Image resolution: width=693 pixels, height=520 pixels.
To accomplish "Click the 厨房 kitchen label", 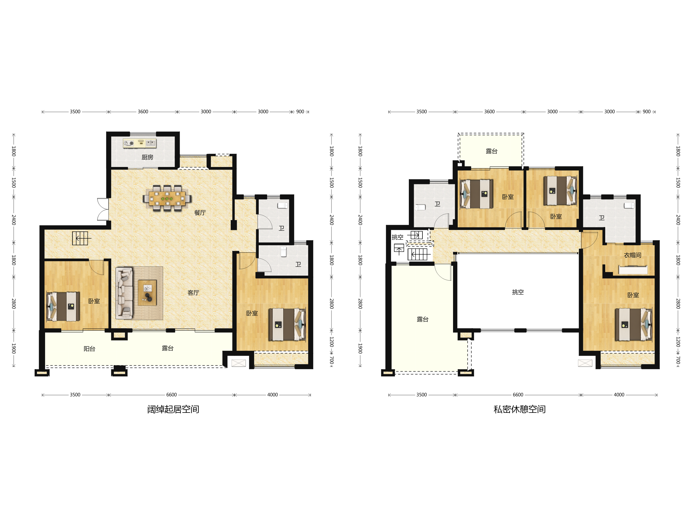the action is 147,157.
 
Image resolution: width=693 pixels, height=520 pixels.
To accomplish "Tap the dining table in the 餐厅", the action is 167,198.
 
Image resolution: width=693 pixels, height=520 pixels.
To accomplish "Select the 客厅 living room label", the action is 193,293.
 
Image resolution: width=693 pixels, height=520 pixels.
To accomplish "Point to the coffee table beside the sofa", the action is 147,293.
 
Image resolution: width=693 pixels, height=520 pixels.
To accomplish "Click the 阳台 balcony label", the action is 89,349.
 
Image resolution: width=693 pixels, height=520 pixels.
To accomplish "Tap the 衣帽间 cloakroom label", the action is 632,255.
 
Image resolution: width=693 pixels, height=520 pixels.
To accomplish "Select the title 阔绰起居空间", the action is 173,409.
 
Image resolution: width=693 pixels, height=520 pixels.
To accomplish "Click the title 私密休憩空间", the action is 519,409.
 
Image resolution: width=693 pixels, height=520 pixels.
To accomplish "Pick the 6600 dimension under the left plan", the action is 171,395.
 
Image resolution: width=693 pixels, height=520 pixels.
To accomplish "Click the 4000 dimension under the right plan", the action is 619,395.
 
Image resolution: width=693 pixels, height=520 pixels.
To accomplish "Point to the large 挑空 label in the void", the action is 518,292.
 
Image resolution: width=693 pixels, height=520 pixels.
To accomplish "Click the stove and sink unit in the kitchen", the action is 139,143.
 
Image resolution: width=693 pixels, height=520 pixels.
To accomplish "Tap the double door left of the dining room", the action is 103,209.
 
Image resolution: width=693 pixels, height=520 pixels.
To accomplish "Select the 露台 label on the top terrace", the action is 491,151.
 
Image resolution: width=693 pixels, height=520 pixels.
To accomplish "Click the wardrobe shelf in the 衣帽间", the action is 633,270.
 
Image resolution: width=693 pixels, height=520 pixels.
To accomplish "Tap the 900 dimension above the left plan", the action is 300,112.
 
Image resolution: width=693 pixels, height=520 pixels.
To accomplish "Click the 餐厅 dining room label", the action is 200,213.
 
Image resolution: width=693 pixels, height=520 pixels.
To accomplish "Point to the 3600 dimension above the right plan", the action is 489,112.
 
